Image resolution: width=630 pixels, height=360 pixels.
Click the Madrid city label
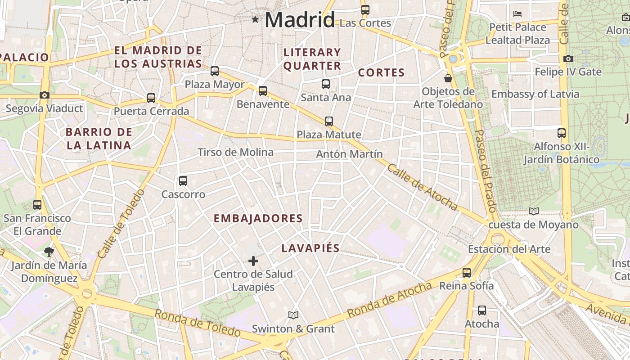[x=300, y=20]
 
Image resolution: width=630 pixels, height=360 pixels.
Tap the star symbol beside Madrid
[x=256, y=19]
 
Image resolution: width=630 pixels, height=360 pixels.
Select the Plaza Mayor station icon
[x=215, y=71]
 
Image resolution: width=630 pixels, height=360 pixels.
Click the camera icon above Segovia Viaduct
[x=44, y=95]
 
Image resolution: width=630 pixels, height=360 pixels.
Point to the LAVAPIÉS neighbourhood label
[x=310, y=248]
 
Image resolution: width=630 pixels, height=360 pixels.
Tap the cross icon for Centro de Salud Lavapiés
[x=253, y=261]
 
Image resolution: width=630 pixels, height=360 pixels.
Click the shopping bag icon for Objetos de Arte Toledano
[x=448, y=78]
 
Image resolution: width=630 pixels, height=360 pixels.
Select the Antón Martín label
[x=349, y=154]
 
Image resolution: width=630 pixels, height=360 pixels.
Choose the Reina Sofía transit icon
[x=467, y=272]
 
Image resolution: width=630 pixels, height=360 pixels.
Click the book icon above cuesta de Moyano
[x=534, y=211]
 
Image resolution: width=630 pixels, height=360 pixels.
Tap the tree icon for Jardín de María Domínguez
[x=49, y=252]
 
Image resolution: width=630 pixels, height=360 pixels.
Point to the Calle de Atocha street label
[x=422, y=187]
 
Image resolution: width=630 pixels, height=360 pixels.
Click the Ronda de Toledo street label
[x=198, y=323]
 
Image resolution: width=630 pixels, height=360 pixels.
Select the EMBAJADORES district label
[x=258, y=218]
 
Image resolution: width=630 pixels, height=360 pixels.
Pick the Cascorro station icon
[x=183, y=181]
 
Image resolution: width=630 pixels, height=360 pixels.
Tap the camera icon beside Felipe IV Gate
[x=568, y=58]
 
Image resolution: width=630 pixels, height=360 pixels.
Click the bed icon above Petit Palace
[x=517, y=14]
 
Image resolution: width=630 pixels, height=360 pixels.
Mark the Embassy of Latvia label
[x=535, y=94]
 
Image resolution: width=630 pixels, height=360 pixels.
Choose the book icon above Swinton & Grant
[x=293, y=315]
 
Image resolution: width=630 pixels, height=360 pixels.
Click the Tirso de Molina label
[x=235, y=152]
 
